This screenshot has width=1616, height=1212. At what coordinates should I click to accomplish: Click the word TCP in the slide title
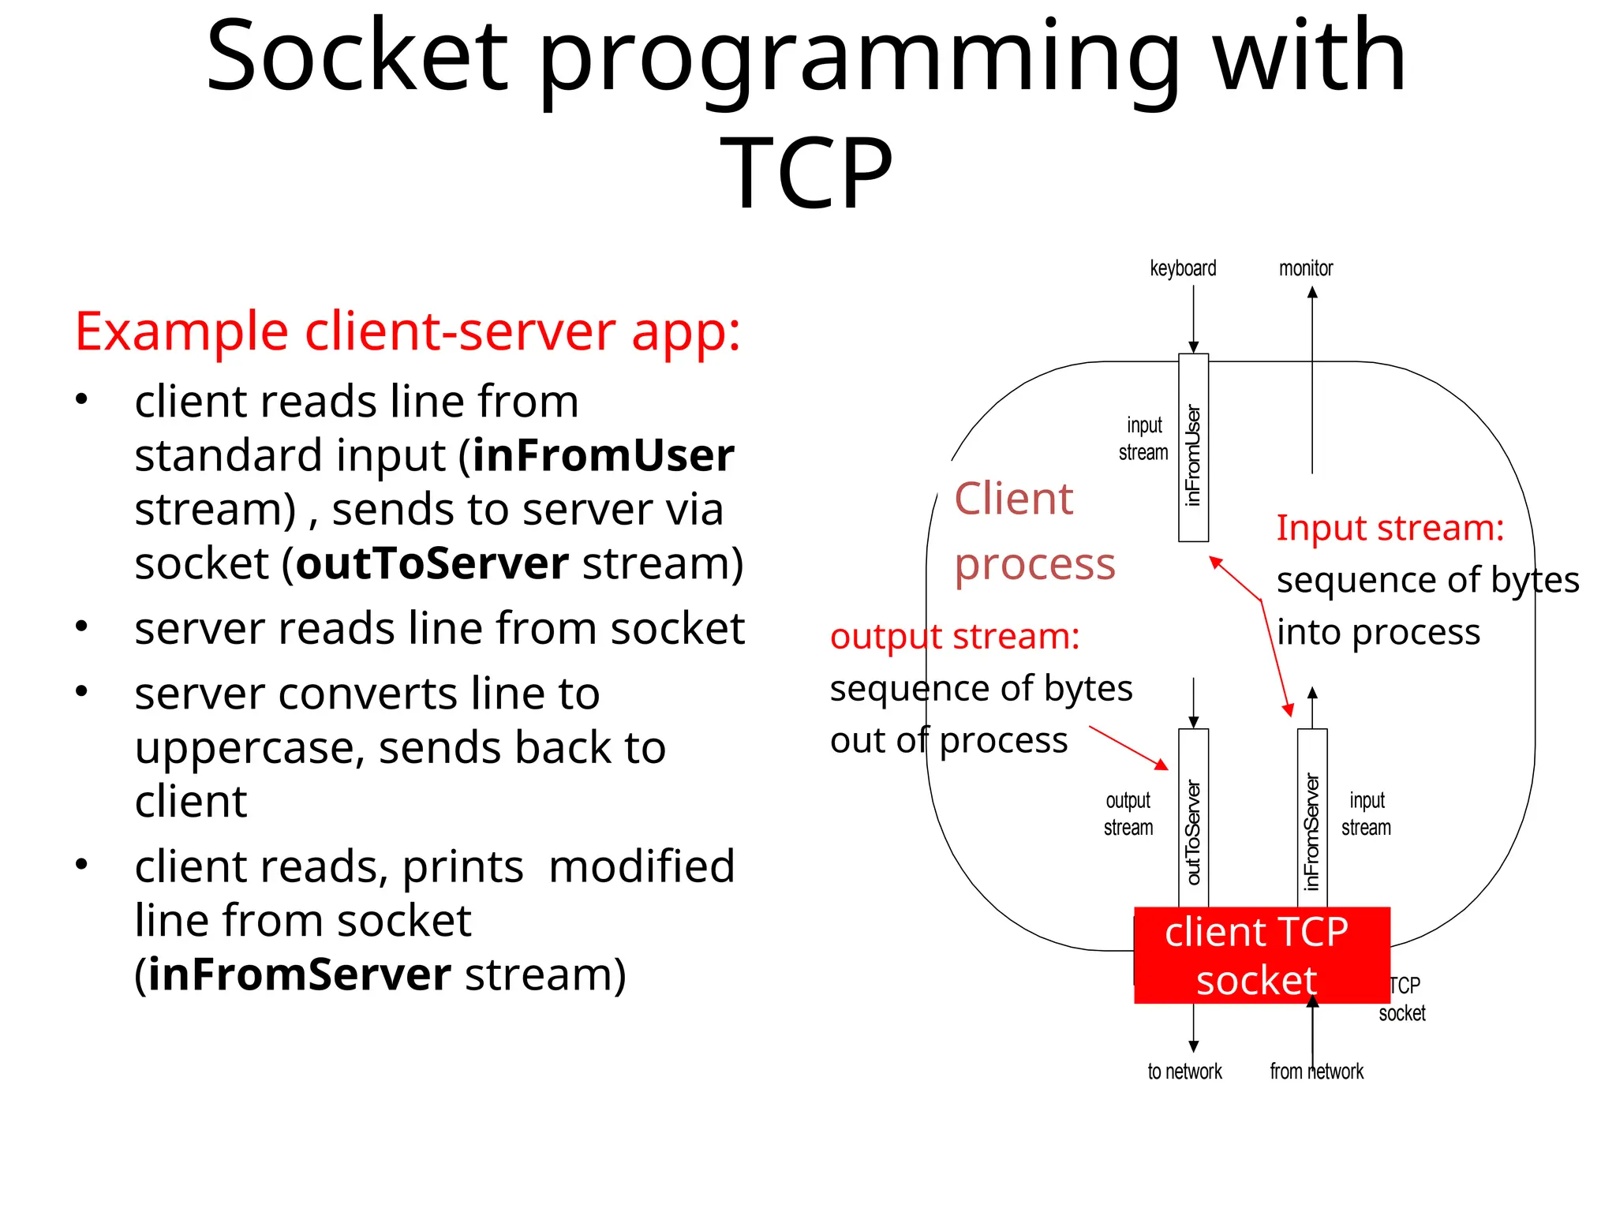pos(806,172)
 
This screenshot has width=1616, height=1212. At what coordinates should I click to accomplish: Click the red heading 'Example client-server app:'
pos(407,331)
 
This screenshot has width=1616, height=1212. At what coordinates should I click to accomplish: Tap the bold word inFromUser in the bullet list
pos(603,455)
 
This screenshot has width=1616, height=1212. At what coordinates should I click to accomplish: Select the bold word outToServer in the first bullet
pos(432,563)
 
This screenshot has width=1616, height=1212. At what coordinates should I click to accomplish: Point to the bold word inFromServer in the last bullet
pos(299,974)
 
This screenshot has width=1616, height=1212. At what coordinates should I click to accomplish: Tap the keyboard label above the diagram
pos(1182,268)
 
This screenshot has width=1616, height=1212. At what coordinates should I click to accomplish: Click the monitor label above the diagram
pos(1305,268)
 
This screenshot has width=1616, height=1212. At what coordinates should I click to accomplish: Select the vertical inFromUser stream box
pos(1192,448)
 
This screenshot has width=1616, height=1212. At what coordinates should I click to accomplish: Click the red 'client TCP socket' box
pos(1260,955)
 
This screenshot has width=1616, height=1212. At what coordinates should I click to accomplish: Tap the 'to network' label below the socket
pos(1184,1072)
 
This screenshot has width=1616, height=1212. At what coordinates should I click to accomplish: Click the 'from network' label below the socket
pos(1316,1072)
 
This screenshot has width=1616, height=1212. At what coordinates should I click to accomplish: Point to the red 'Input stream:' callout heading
pos(1390,527)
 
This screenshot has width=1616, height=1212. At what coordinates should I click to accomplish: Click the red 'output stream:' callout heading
pos(954,636)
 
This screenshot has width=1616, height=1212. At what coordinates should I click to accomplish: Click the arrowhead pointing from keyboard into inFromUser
pos(1193,347)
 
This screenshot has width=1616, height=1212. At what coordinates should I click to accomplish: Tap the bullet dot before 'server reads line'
pos(81,627)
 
